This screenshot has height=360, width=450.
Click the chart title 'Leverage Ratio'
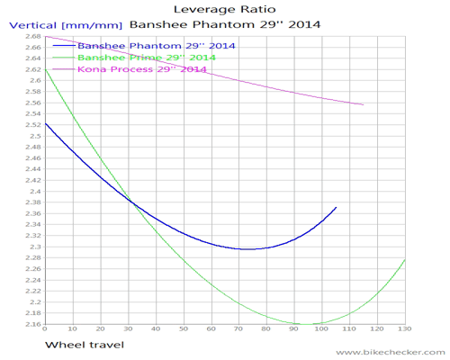click(x=225, y=10)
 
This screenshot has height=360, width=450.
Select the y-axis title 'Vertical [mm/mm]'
click(x=66, y=25)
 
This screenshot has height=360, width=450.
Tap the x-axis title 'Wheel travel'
click(x=85, y=345)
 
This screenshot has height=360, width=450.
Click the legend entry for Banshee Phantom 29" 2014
click(x=144, y=46)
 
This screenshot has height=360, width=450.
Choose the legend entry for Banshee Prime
click(x=134, y=58)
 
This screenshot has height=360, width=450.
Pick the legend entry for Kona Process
click(x=130, y=69)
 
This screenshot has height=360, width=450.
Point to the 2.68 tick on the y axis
click(x=33, y=36)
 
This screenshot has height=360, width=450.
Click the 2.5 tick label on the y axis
click(x=35, y=136)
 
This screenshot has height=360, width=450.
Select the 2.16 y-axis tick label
click(x=33, y=324)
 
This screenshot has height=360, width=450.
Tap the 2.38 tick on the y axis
click(x=33, y=202)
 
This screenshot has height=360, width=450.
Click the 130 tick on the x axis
click(x=405, y=328)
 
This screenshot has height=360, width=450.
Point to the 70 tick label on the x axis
click(x=238, y=328)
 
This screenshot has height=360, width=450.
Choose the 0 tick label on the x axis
click(x=45, y=328)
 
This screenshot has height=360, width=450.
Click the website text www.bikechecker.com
click(x=391, y=352)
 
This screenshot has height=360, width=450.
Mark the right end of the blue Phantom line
click(x=337, y=207)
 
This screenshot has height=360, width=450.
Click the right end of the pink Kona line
click(x=364, y=104)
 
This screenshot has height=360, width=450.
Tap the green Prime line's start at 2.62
click(x=45, y=69)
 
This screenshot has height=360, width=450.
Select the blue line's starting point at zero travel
click(x=45, y=123)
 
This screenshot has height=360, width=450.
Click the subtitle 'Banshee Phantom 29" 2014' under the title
click(x=225, y=24)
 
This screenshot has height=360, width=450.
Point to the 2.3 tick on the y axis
click(x=35, y=247)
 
